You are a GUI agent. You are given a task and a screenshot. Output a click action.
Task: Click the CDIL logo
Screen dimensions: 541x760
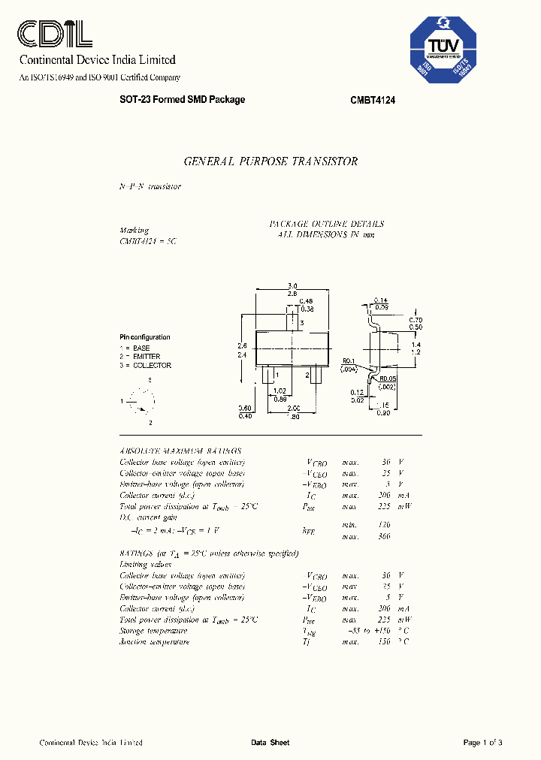pos(55,34)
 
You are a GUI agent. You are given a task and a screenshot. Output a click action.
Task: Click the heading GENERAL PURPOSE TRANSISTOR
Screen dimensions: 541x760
pos(270,161)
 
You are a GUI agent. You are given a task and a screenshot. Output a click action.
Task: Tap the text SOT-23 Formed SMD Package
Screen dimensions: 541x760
pos(183,100)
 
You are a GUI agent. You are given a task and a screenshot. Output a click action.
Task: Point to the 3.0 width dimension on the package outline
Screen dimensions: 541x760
pos(292,285)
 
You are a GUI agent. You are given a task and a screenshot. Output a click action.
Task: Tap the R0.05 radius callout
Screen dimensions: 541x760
pos(388,378)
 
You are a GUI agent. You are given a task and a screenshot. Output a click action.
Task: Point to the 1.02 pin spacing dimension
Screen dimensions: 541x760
pos(280,391)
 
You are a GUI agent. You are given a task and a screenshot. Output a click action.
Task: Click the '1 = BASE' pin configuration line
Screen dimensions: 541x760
pos(135,348)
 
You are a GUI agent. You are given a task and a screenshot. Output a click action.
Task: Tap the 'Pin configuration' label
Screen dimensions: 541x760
pos(145,337)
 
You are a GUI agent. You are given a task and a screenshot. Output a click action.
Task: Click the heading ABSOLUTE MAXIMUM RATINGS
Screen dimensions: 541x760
pos(180,450)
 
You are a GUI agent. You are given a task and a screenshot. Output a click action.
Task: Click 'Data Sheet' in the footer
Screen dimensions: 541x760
pos(270,743)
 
